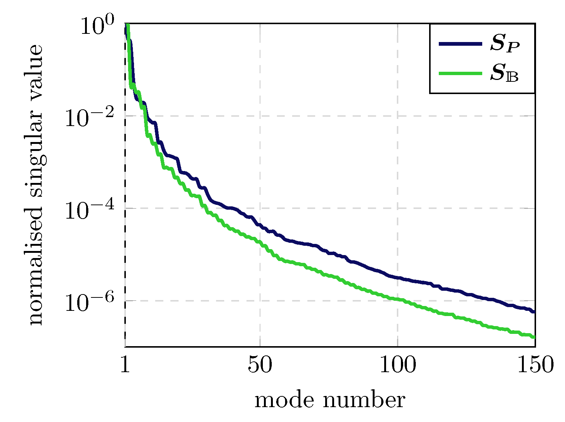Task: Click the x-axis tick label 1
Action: click(x=125, y=365)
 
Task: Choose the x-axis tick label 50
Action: click(x=260, y=365)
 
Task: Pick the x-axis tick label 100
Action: click(x=398, y=365)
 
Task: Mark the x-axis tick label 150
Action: click(x=535, y=365)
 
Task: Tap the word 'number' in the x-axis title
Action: click(x=364, y=401)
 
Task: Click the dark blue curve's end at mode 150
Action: click(x=534, y=312)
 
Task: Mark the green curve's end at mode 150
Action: click(x=534, y=337)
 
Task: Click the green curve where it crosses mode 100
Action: click(x=398, y=299)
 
